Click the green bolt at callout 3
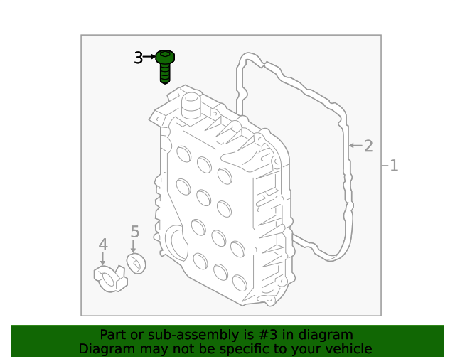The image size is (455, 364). point(165,65)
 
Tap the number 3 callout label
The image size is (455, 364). point(139,58)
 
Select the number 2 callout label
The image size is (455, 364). point(368,146)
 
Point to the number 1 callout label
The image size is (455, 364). point(393,166)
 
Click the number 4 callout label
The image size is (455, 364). point(103,245)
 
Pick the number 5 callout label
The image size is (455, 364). point(134,232)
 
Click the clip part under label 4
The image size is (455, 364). point(109,277)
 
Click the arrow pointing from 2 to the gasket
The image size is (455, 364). point(355,146)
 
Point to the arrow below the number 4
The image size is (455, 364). point(103,260)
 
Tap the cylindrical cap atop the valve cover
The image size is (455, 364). point(190,107)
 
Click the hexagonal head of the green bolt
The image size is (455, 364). point(165,56)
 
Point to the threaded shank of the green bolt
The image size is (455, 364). point(165,73)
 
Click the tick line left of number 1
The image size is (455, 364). point(384,166)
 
